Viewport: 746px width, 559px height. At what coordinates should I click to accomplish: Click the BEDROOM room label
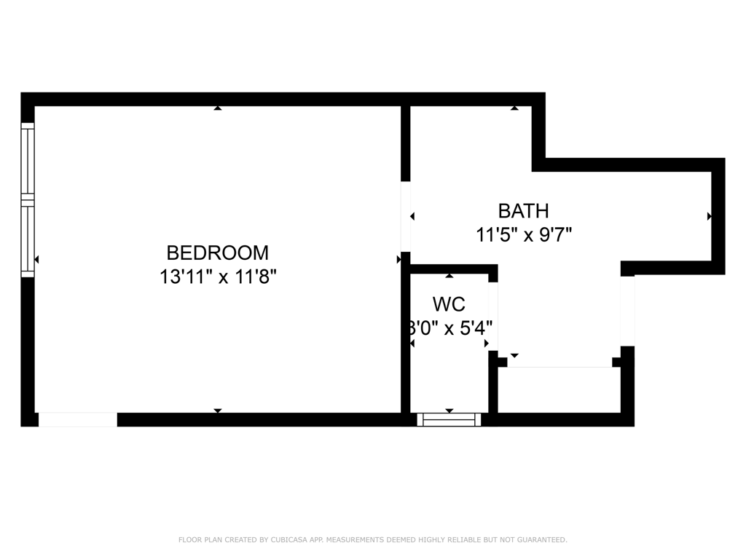click(217, 253)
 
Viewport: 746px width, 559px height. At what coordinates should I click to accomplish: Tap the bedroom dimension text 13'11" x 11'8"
click(219, 277)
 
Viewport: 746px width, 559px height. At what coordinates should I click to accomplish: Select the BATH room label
click(523, 211)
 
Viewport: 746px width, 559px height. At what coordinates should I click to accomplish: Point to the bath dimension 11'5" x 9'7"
click(523, 235)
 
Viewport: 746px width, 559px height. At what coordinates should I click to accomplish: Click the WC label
click(449, 304)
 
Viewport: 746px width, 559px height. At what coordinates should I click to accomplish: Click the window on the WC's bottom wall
click(449, 419)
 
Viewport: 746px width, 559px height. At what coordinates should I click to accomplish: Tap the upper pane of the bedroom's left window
click(28, 160)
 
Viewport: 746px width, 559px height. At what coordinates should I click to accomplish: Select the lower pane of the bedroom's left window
click(28, 240)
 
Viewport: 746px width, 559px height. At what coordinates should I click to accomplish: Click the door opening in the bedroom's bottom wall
click(77, 419)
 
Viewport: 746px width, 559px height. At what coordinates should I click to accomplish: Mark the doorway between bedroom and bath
click(406, 216)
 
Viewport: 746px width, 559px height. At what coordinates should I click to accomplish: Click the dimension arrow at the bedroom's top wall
click(217, 108)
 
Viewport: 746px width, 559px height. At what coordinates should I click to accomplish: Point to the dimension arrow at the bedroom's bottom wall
click(217, 411)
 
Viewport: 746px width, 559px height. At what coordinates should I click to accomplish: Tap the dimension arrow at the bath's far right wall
click(709, 216)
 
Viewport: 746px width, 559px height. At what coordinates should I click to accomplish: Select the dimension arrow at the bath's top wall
click(514, 108)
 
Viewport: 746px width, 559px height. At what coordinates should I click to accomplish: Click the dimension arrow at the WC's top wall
click(449, 276)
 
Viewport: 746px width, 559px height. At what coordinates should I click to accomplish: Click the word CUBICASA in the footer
click(288, 539)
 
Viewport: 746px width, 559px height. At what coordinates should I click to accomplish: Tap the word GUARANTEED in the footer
click(541, 539)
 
